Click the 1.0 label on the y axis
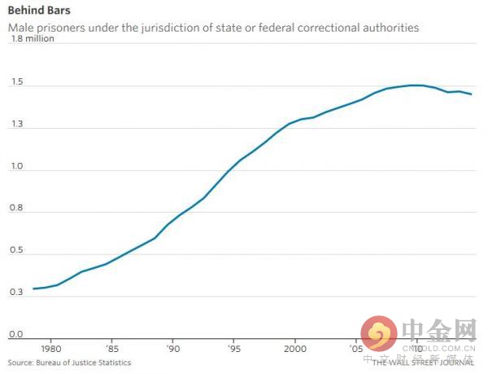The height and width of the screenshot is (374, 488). [15, 168]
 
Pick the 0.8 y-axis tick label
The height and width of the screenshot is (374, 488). [15, 210]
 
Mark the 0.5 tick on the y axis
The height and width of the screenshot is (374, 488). [15, 252]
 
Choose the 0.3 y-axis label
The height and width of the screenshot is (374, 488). [15, 293]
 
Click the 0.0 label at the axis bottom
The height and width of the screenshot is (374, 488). [15, 335]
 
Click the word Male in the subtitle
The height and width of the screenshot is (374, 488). [21, 28]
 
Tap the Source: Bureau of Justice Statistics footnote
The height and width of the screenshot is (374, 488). [69, 363]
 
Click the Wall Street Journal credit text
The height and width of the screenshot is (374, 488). [423, 363]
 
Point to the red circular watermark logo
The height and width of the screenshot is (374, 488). [379, 332]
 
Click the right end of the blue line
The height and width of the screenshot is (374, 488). [471, 95]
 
